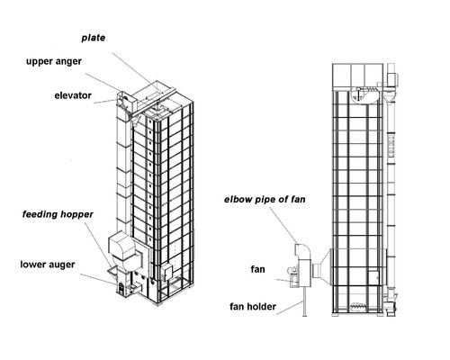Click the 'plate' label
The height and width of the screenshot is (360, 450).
click(94, 38)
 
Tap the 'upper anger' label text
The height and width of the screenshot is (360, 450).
click(54, 61)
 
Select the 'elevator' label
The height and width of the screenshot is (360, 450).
click(73, 95)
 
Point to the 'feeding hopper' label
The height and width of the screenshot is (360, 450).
click(58, 214)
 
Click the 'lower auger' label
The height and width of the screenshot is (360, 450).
click(48, 265)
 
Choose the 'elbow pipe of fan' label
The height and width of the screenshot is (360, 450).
click(265, 200)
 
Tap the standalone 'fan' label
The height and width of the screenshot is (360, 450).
click(257, 269)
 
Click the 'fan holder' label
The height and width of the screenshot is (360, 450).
click(253, 307)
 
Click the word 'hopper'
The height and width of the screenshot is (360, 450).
click(76, 215)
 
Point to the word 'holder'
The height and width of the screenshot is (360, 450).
click(261, 307)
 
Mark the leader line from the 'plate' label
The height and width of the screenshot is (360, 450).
click(136, 72)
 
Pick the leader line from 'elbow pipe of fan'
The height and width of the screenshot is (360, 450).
click(283, 226)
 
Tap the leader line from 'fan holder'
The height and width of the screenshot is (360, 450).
click(290, 308)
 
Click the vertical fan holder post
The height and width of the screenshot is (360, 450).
click(305, 301)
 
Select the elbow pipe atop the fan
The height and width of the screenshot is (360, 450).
click(303, 251)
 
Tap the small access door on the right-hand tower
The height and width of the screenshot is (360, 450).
click(373, 277)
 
